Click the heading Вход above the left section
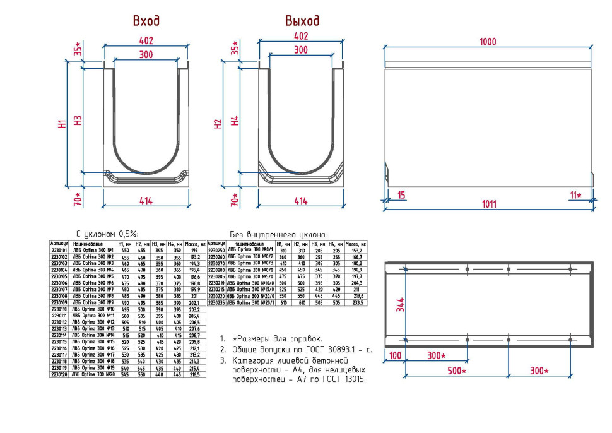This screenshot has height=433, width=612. [x=146, y=21]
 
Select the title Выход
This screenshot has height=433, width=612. [x=302, y=21]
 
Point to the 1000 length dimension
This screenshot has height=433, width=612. [x=488, y=42]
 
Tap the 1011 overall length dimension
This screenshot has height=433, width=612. [x=488, y=204]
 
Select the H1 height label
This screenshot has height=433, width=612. [x=62, y=124]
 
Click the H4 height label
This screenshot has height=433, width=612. [x=235, y=120]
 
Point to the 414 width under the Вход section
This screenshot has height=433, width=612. [x=146, y=201]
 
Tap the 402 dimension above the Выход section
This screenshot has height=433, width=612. [x=301, y=37]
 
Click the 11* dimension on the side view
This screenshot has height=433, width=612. [x=575, y=195]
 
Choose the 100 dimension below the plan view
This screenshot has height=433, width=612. [x=394, y=356]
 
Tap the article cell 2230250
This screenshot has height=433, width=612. [x=216, y=250]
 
